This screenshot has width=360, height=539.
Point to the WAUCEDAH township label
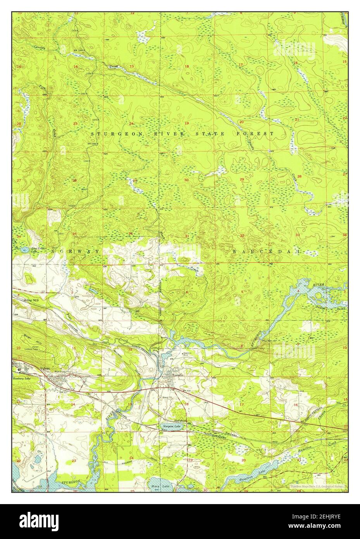267,252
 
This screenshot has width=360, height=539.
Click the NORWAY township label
76,251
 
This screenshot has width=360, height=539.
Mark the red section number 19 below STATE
186,123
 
